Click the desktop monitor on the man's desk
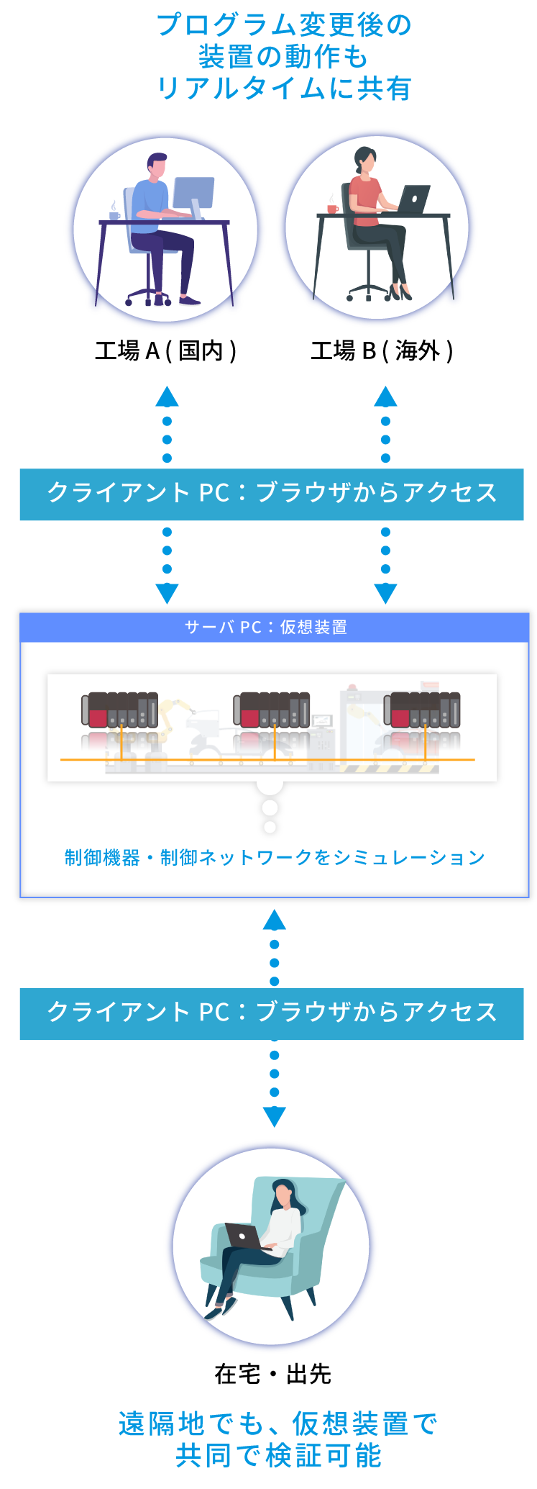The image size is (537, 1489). coord(194,193)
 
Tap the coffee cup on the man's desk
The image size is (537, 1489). coord(114,214)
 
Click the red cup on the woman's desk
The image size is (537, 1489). coord(332,208)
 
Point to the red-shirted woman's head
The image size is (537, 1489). coord(366,160)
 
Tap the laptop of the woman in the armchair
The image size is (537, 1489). coord(242,1236)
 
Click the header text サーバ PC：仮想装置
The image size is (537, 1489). coord(266,628)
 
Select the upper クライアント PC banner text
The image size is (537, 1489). coord(272,494)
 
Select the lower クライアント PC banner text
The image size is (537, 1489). coord(272,1013)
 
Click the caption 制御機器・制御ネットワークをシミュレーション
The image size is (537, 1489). coord(275,857)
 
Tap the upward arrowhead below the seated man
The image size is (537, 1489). coord(167,397)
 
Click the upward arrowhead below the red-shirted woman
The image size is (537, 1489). coord(385,397)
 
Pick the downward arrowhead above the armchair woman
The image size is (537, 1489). coord(274,1116)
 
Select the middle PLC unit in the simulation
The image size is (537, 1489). coord(272,710)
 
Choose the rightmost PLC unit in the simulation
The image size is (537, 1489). coord(423,710)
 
